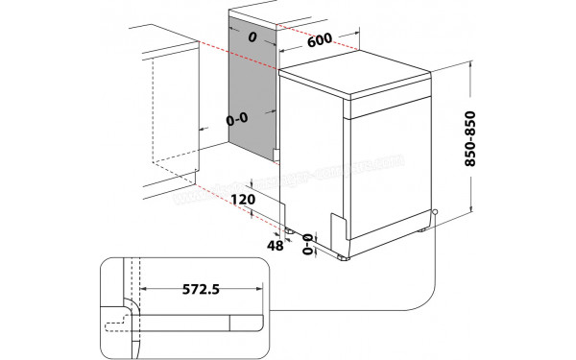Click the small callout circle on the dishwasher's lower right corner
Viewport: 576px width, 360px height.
(x=435, y=213)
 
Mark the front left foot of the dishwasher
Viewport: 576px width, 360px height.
(x=343, y=257)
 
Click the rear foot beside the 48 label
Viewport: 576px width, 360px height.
(x=288, y=230)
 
